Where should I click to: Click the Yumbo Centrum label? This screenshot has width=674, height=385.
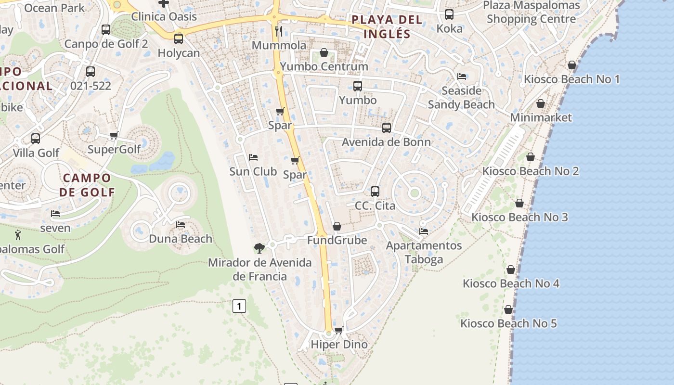coord(324,66)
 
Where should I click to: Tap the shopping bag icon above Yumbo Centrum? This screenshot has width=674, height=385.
coord(324,52)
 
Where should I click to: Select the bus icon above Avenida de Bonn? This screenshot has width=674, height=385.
coord(386,128)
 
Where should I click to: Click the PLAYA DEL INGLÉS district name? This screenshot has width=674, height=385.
coord(387,27)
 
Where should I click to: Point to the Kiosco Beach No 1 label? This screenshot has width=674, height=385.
coord(571,79)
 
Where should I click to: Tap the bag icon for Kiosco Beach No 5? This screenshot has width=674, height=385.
coord(508,309)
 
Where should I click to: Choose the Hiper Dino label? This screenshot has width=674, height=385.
coord(339,345)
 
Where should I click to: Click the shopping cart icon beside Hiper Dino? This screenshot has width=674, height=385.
coord(338,330)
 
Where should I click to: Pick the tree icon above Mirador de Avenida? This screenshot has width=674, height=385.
coord(259,248)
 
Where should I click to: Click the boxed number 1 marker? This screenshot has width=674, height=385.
coord(239,306)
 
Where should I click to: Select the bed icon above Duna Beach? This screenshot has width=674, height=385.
coord(181,224)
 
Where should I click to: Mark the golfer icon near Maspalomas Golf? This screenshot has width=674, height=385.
coord(18,235)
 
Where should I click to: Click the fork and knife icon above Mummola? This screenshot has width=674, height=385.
coord(279,31)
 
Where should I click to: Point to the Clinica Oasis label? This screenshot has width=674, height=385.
coord(164,16)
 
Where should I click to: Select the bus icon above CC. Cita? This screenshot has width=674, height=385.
coord(375,191)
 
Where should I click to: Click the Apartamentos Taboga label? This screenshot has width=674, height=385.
coord(424,253)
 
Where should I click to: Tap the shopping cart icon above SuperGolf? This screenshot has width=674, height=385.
coord(114,135)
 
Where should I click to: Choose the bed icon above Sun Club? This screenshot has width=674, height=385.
coord(253,157)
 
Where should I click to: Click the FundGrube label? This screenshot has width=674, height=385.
coord(337,240)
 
